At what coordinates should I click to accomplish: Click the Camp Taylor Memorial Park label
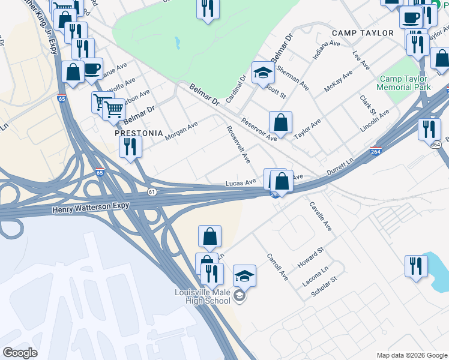click(403, 83)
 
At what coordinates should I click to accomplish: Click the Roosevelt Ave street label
click(238, 145)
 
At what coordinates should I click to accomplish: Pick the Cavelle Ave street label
click(321, 216)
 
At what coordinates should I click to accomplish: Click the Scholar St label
click(325, 287)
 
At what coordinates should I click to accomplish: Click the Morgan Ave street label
click(181, 131)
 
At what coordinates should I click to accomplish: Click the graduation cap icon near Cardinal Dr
click(263, 73)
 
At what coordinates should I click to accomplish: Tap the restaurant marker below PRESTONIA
click(130, 146)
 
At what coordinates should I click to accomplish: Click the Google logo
click(20, 353)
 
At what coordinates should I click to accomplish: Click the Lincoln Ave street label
click(375, 119)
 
